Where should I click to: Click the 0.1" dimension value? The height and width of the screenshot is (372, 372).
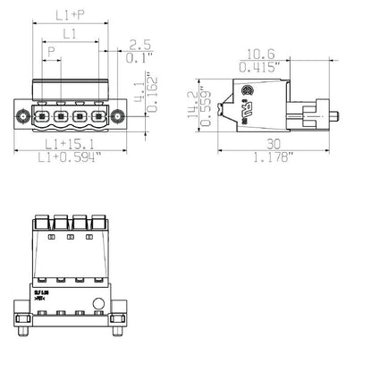139,58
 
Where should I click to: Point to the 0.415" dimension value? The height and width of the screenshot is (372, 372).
260,66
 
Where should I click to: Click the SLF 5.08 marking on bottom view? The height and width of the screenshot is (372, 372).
42,292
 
